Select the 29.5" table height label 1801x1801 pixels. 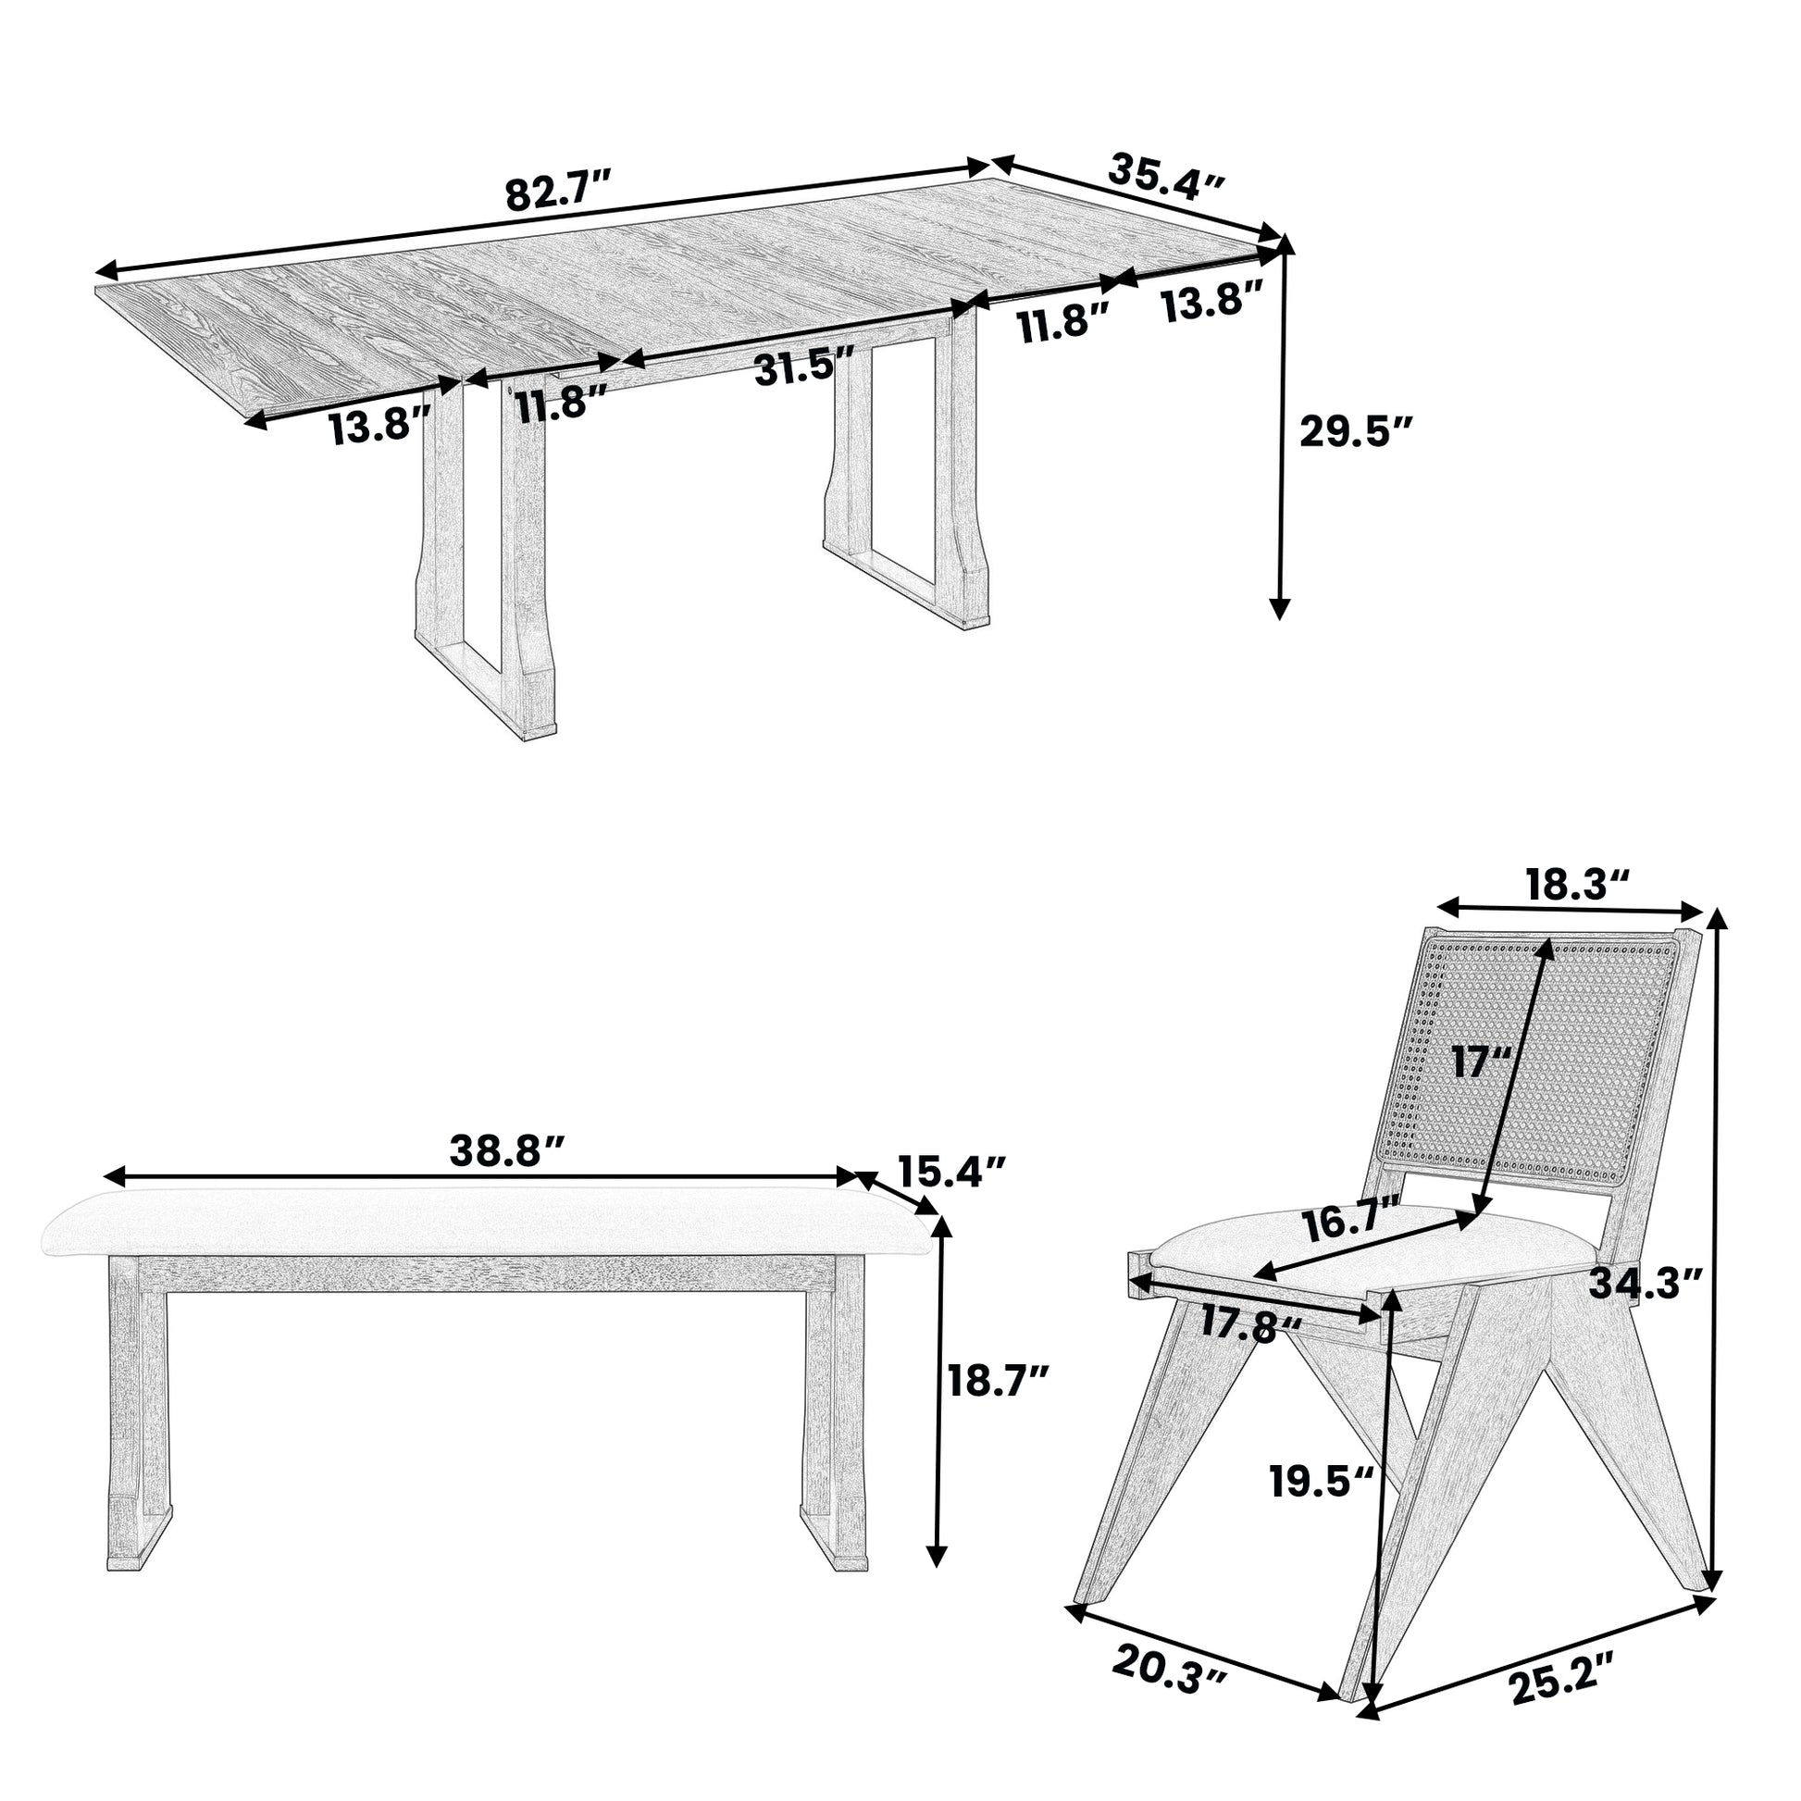tap(1357, 432)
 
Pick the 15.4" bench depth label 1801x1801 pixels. tap(951, 1170)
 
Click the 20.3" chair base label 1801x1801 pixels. tap(1170, 1688)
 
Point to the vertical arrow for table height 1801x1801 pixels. tap(1284, 428)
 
